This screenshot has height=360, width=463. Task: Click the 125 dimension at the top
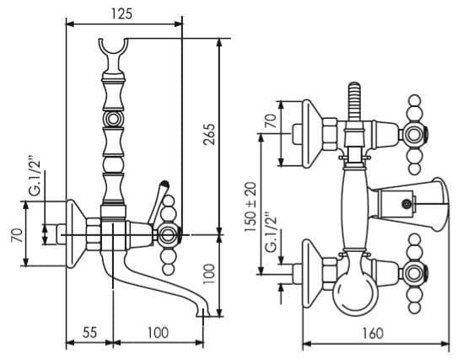point(121,13)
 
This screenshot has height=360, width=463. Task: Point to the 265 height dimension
point(209,134)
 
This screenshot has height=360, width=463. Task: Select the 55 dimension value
point(89,332)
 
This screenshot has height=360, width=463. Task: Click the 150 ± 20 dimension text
point(251,207)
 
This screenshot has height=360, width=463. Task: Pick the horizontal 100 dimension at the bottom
point(158,332)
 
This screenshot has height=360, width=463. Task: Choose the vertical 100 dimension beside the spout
point(209,274)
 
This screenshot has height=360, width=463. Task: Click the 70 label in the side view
point(17,235)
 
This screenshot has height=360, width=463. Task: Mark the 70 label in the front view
point(271,121)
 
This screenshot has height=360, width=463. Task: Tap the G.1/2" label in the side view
point(35,178)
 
